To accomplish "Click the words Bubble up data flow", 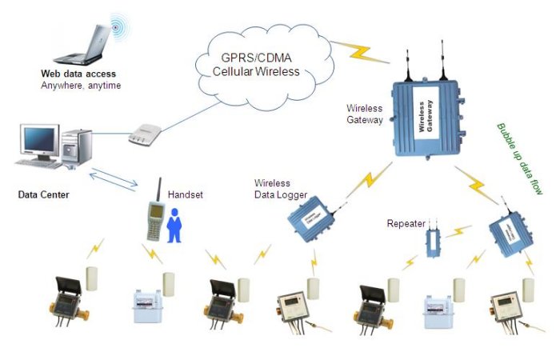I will tap(519, 160).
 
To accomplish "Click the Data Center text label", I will tap(44, 194).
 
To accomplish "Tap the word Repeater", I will tap(406, 223).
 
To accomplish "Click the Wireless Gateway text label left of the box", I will tap(365, 113).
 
